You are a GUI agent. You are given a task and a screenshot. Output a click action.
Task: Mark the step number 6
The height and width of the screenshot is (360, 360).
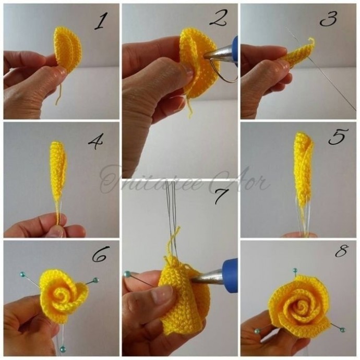pyautogui.click(x=100, y=255)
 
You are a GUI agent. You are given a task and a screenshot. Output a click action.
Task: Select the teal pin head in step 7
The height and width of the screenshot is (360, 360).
pyautogui.click(x=127, y=274)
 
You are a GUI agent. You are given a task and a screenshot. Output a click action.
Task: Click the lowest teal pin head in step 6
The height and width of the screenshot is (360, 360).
pyautogui.click(x=63, y=349)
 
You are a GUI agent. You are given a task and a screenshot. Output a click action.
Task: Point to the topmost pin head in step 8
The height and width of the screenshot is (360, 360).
pyautogui.click(x=295, y=271)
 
